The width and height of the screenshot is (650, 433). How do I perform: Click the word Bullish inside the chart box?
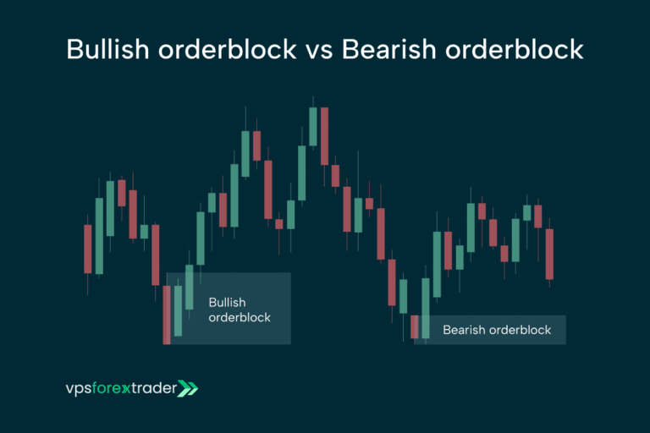[226, 301]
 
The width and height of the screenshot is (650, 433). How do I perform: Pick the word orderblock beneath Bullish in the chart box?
[240, 317]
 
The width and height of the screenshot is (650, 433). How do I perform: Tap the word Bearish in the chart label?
[465, 330]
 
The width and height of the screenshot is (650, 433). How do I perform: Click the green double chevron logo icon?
[188, 389]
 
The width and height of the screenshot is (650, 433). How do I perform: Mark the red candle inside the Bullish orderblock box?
[167, 315]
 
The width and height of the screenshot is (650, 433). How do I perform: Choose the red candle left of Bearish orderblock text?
[415, 326]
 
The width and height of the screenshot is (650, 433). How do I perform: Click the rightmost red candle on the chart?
[549, 254]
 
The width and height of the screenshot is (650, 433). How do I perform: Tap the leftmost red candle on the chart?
[88, 249]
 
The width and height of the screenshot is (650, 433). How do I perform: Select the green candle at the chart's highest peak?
[313, 127]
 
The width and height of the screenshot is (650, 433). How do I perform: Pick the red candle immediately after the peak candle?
[324, 136]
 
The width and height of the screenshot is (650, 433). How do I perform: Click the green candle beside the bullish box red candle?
[178, 310]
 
